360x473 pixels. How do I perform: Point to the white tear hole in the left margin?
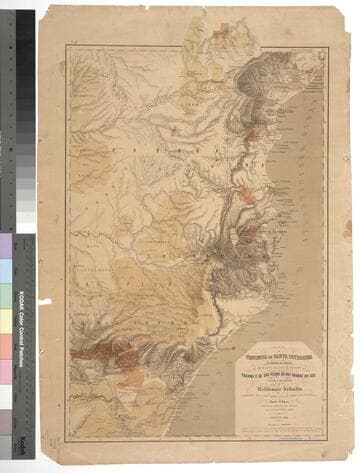44,300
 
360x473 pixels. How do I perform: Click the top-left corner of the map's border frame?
67,46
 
